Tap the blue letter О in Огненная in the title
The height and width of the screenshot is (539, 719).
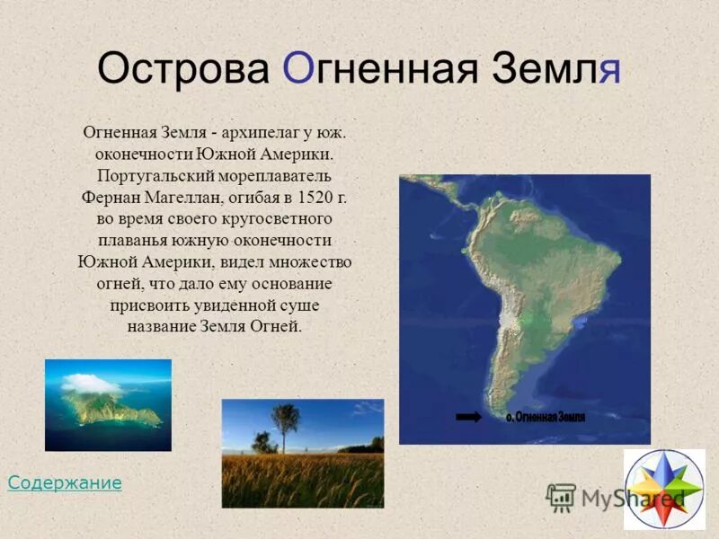point(298,68)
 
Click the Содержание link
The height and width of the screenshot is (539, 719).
point(65,483)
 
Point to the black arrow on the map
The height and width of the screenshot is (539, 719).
point(469,417)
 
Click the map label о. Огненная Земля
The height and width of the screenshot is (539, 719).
point(546,417)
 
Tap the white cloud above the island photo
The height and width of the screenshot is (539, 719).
point(91,384)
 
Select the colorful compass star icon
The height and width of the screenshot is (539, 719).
point(664,489)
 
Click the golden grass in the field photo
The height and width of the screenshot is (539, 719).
point(302,481)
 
